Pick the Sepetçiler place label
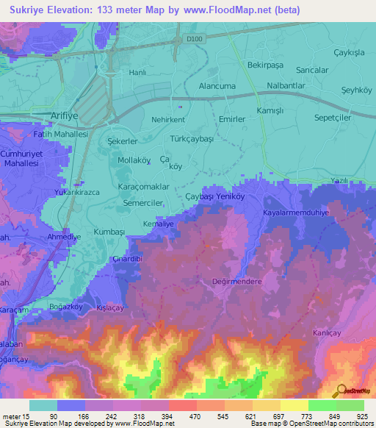click(332, 117)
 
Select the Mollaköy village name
click(134, 160)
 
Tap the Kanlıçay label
click(328, 332)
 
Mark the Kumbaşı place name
click(110, 231)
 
